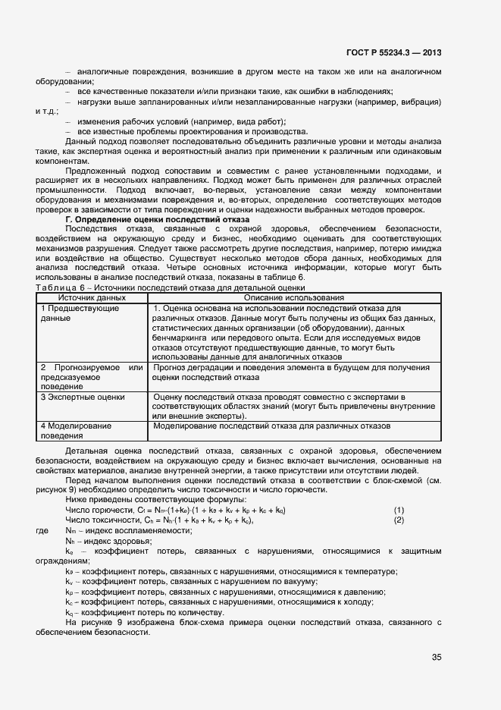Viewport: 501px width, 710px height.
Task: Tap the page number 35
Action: point(436,657)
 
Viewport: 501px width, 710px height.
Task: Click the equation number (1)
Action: point(399,510)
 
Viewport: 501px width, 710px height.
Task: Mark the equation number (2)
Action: point(399,520)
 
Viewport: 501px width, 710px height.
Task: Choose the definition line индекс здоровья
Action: point(103,542)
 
